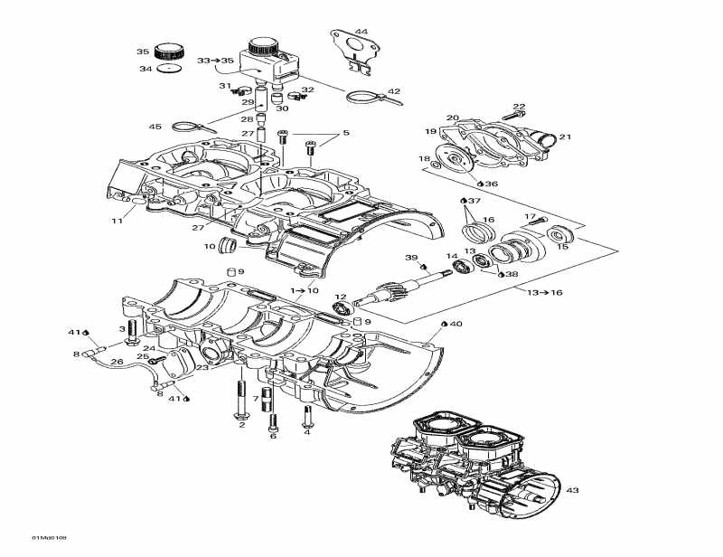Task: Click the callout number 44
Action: pos(361,33)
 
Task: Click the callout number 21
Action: pos(565,137)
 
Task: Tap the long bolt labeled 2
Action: pos(241,402)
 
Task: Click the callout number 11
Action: pos(117,220)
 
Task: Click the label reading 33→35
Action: pos(215,61)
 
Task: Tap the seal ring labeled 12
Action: pos(343,310)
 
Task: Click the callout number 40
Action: pos(455,324)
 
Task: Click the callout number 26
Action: pos(117,362)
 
